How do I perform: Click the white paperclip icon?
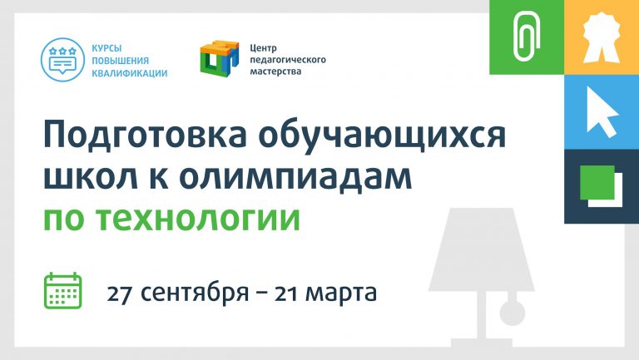point(527,37)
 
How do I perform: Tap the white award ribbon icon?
point(601,37)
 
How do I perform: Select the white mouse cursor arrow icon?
point(602,111)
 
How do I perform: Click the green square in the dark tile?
point(597,182)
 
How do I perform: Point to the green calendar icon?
point(62,290)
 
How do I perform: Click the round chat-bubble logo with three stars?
point(62,60)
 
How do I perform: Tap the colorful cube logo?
point(220,57)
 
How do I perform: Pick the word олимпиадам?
point(295,177)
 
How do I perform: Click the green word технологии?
point(199,219)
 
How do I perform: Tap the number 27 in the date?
point(119,293)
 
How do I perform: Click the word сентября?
point(195,293)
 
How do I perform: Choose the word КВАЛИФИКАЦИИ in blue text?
point(130,73)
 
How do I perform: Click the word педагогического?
point(288,60)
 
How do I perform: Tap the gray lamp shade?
point(481,249)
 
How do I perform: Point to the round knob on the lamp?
point(513,313)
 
